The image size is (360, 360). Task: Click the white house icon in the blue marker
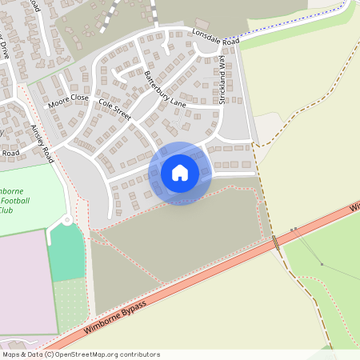click(179, 173)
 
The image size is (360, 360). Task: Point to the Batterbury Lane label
click(165, 89)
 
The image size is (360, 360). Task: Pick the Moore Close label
click(68, 101)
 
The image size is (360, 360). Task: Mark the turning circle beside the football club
click(67, 220)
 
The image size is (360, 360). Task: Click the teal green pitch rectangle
click(66, 252)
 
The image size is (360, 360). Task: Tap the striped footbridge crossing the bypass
click(277, 242)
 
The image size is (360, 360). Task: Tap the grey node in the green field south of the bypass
click(322, 264)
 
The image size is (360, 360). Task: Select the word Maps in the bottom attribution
click(11, 354)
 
